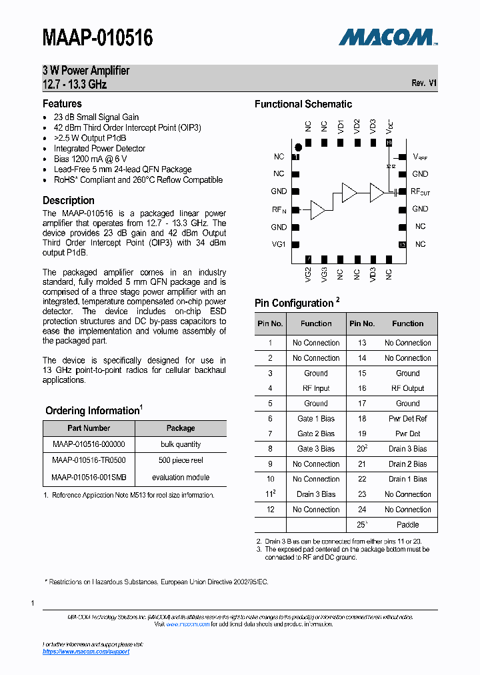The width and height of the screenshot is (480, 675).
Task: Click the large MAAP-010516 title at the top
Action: (x=98, y=38)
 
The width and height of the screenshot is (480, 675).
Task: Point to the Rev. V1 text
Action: (x=424, y=83)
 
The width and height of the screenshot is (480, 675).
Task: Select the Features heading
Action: (x=62, y=104)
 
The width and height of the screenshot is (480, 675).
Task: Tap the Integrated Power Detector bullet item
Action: (x=99, y=149)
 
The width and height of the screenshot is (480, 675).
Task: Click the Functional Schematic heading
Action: (x=303, y=104)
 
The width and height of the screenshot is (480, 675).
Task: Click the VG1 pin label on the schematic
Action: (x=279, y=244)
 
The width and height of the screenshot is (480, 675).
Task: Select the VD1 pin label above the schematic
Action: (x=340, y=126)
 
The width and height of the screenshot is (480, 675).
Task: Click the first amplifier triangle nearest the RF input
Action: (x=317, y=209)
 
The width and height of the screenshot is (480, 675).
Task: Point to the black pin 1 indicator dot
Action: (x=299, y=147)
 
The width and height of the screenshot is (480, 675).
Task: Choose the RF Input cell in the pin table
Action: (x=316, y=388)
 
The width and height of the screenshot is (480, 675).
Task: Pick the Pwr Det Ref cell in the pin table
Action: (x=407, y=419)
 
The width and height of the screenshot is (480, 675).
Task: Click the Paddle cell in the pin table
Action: (x=407, y=525)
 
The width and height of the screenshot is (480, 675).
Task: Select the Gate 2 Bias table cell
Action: (x=316, y=434)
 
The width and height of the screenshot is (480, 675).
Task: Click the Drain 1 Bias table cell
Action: (x=407, y=479)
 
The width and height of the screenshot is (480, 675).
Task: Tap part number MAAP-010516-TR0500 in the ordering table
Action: (x=89, y=460)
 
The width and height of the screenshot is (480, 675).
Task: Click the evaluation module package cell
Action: (x=181, y=478)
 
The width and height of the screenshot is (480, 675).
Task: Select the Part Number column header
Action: (x=89, y=428)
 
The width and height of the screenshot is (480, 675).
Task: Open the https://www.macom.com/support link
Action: (x=86, y=652)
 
